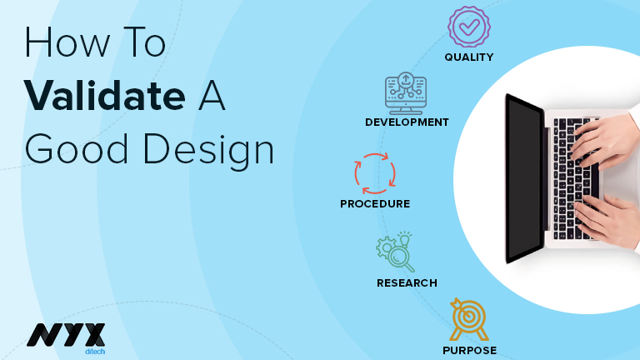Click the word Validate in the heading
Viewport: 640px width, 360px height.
(105, 95)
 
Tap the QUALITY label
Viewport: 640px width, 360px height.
(469, 57)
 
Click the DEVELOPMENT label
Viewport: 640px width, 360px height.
(407, 122)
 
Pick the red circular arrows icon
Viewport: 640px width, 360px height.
(375, 173)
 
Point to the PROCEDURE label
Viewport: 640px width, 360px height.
(375, 203)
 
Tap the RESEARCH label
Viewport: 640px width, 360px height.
(407, 283)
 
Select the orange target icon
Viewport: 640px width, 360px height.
(468, 319)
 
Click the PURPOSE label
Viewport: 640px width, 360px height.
(469, 350)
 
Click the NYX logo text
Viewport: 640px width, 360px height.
(66, 334)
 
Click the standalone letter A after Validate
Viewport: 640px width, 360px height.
(210, 95)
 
